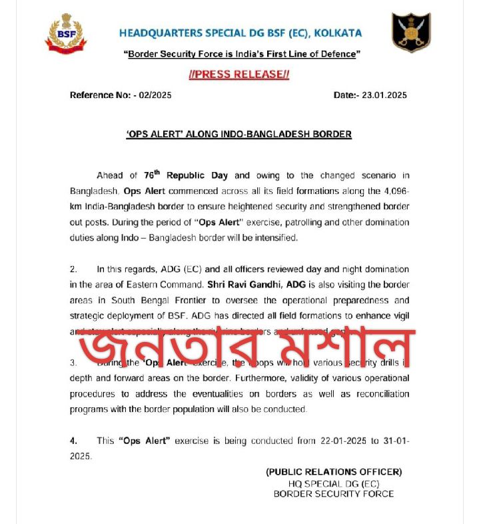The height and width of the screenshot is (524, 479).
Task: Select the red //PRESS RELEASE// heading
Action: coord(239,75)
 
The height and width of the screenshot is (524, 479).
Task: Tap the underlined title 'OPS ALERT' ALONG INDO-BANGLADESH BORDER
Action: coord(239,134)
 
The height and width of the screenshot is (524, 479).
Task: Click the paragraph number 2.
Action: coord(74,269)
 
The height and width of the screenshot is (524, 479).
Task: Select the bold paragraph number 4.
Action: coord(74,441)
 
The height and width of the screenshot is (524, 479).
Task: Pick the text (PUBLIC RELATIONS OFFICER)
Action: coord(334,472)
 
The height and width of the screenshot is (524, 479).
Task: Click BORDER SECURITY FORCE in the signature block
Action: coord(334,494)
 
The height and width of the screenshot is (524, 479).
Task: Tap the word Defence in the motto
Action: coord(337,53)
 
